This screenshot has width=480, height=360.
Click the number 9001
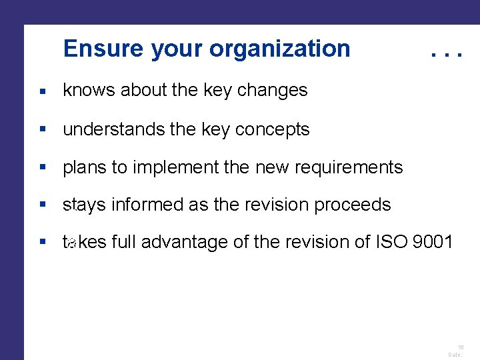click(433, 243)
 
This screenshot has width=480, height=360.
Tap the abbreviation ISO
click(385, 243)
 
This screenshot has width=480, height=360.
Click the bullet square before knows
click(42, 91)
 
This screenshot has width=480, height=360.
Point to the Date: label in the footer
click(455, 355)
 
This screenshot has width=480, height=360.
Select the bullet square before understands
click(42, 129)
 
